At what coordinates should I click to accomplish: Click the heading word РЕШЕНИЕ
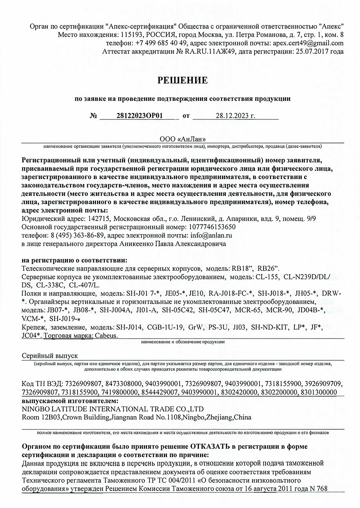(x=183, y=80)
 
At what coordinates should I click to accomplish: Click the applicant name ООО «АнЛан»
(x=183, y=139)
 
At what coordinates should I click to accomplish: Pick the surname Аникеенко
(x=138, y=244)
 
